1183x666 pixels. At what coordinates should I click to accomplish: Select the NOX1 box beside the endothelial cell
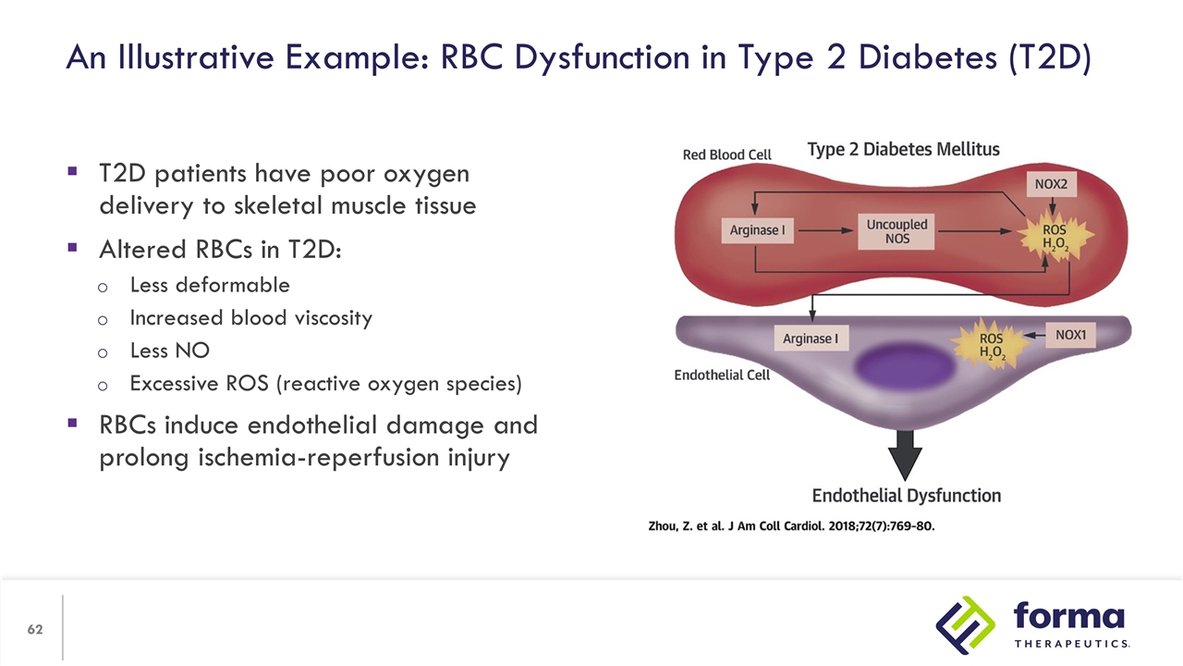(1070, 335)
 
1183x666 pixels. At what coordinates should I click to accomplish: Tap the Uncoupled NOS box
(896, 231)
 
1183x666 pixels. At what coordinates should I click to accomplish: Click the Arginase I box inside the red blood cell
(756, 230)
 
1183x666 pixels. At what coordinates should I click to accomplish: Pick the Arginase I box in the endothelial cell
(810, 339)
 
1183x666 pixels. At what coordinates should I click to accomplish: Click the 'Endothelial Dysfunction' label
(906, 496)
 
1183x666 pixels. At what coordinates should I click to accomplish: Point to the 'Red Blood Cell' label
(726, 154)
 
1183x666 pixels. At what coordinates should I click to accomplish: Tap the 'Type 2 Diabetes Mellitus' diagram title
(903, 149)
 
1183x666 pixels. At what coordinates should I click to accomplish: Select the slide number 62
(35, 630)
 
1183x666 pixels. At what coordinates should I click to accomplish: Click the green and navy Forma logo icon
(966, 624)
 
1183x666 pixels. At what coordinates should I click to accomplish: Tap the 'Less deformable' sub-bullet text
(210, 285)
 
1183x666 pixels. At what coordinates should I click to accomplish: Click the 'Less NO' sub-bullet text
(169, 351)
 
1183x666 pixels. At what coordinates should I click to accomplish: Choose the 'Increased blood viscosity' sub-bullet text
(250, 318)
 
